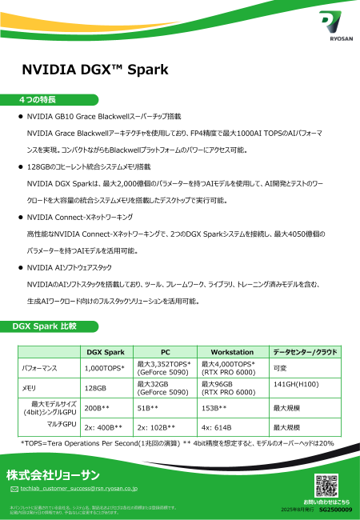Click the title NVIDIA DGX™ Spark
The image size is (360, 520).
pos(94,70)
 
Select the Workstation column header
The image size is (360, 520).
pos(232,352)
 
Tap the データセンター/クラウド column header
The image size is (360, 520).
pos(305,352)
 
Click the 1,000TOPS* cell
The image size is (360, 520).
pos(105,368)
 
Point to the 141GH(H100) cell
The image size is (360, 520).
pos(298,384)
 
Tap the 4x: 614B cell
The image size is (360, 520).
pos(217,428)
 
